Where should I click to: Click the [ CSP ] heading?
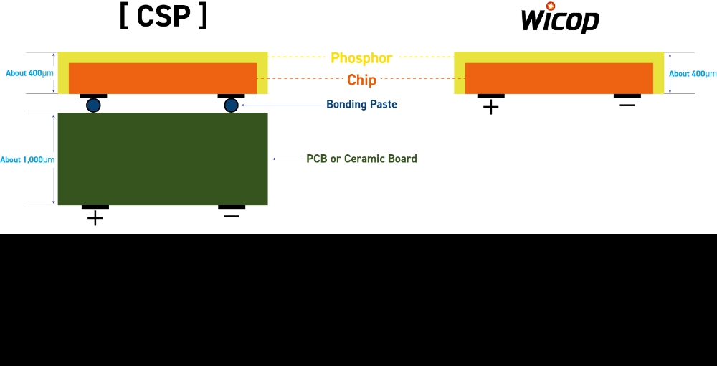click(x=163, y=17)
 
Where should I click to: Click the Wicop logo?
click(x=560, y=19)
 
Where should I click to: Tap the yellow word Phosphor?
click(x=361, y=58)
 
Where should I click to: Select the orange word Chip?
click(x=361, y=80)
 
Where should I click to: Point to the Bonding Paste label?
click(x=361, y=105)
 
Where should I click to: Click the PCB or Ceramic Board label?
click(x=361, y=159)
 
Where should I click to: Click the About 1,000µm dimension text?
click(x=27, y=159)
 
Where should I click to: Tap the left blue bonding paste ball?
click(x=93, y=105)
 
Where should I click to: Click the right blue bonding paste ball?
click(x=231, y=105)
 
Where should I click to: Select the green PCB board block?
click(x=163, y=159)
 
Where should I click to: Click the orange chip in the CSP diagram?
click(x=163, y=78)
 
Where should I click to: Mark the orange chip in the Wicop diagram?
click(x=559, y=78)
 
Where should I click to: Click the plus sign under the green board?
click(x=95, y=218)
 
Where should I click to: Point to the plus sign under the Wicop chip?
click(x=490, y=108)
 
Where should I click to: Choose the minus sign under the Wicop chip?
click(x=627, y=105)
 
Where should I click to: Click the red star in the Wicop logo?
click(x=551, y=6)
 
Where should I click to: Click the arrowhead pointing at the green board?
click(x=274, y=159)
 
